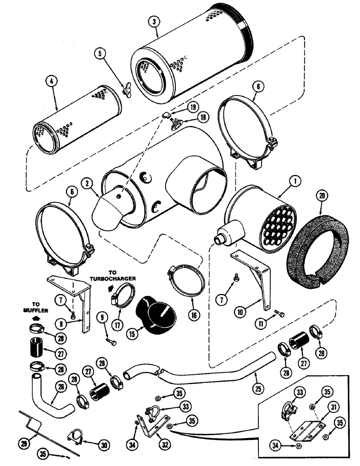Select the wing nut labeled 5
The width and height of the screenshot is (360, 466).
coord(125,90)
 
